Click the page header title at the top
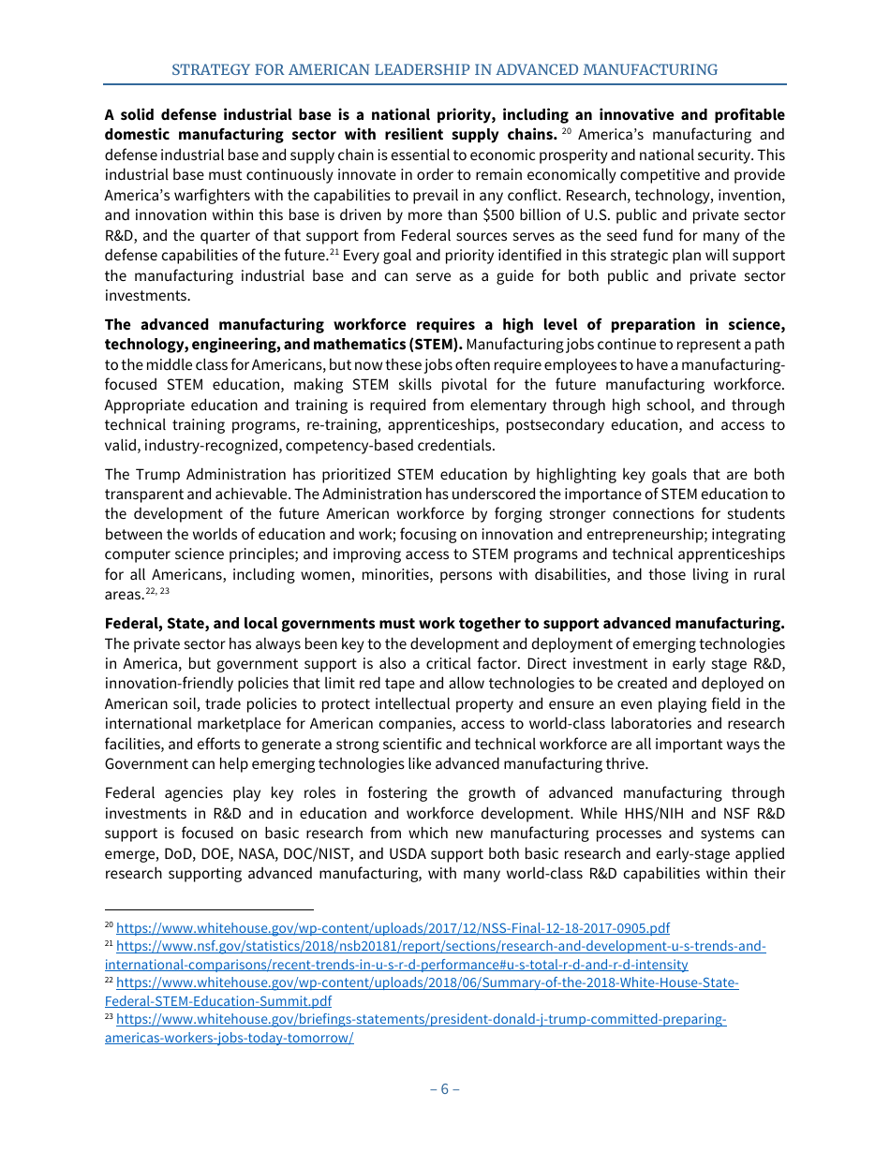pos(444,69)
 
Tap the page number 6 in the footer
pos(444,1088)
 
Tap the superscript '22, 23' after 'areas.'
pos(157,592)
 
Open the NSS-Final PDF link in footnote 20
pos(393,928)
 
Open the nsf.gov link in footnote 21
pos(440,947)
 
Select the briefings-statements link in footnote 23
pos(422,1019)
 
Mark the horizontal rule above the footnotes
pos(209,908)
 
